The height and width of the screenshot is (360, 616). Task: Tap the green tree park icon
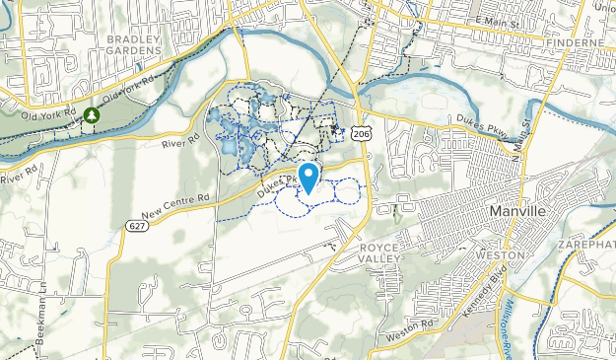92,115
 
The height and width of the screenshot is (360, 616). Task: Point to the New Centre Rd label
175,205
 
